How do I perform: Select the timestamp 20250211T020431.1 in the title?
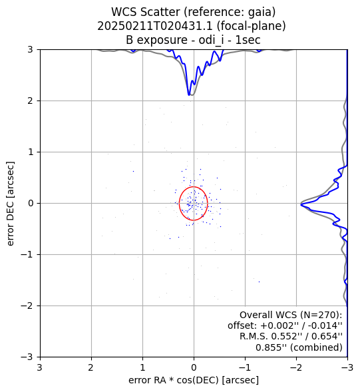click(x=155, y=26)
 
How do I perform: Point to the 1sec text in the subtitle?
click(x=248, y=40)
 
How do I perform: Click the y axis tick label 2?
click(x=30, y=100)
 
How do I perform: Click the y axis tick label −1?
click(x=27, y=254)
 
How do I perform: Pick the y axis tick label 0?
click(x=31, y=203)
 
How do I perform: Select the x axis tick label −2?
click(x=296, y=367)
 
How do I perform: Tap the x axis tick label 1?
click(x=143, y=367)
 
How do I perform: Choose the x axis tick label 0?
click(x=194, y=367)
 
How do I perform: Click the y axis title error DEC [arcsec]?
click(x=10, y=204)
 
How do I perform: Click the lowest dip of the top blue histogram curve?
click(x=189, y=95)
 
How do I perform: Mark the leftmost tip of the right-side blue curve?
click(x=301, y=205)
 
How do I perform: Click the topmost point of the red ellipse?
click(x=194, y=187)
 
